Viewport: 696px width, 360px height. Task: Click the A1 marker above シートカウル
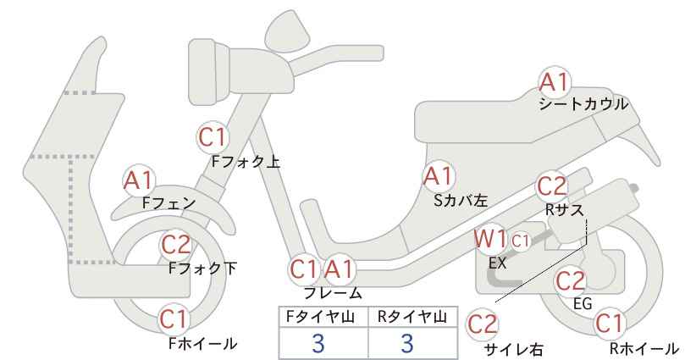(x=554, y=82)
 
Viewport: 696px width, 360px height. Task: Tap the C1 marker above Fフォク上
(x=213, y=137)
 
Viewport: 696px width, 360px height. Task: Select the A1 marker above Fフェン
(x=138, y=181)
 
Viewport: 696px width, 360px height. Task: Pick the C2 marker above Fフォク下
(x=175, y=245)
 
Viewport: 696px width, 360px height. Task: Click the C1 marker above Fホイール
(x=174, y=319)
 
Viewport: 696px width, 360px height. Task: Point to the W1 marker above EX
(x=490, y=239)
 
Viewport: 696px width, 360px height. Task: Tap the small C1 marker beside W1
(x=521, y=241)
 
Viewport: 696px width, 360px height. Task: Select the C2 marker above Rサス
(x=552, y=187)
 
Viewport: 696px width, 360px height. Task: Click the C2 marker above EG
(x=571, y=281)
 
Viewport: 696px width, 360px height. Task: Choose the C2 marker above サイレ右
(x=483, y=324)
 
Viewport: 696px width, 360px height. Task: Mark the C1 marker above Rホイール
(x=609, y=324)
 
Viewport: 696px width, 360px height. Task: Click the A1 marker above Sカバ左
(x=438, y=176)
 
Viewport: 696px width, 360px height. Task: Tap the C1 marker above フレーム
(x=304, y=269)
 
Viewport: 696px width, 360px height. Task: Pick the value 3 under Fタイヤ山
(x=318, y=343)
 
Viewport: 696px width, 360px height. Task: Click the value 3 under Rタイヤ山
(x=407, y=343)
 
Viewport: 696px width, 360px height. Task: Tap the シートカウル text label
(x=583, y=104)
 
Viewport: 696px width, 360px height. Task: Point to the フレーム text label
(x=333, y=293)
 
